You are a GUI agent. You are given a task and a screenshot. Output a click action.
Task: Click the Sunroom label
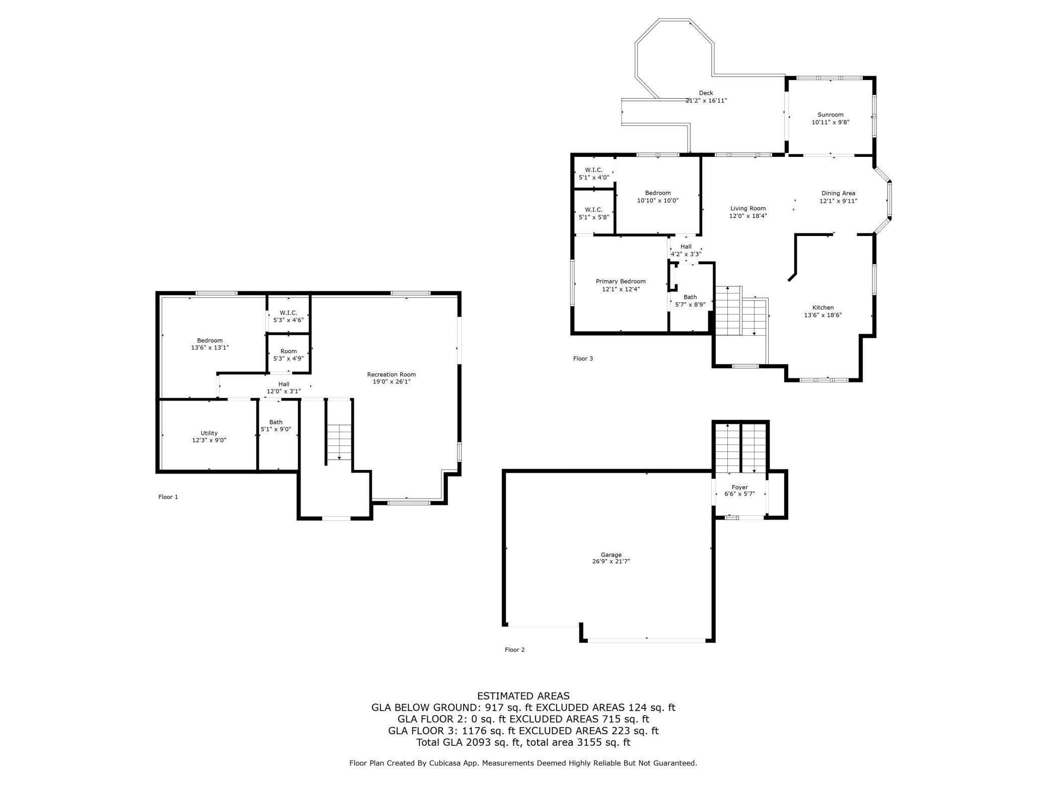point(830,115)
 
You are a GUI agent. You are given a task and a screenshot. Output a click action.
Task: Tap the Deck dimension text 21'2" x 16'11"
point(706,101)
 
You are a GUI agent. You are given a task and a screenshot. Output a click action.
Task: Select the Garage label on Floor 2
point(611,555)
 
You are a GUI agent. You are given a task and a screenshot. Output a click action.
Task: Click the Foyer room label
point(739,487)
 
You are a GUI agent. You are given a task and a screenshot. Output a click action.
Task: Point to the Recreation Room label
point(391,374)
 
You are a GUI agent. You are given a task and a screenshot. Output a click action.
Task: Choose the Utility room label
point(209,433)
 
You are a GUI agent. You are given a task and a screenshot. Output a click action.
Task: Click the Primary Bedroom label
point(620,281)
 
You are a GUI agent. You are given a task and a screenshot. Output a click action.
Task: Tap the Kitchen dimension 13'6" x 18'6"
point(822,316)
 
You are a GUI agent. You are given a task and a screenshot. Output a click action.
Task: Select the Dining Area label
point(838,193)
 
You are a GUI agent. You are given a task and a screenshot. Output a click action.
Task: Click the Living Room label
point(747,208)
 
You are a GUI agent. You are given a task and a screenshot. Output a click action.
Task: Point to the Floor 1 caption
point(168,497)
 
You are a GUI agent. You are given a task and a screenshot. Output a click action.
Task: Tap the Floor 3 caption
point(583,359)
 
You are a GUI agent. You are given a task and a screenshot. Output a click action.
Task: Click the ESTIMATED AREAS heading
point(523,696)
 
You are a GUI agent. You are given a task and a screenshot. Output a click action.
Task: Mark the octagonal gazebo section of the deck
point(674,55)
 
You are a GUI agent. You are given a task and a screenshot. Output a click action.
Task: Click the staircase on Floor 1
point(339,442)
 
